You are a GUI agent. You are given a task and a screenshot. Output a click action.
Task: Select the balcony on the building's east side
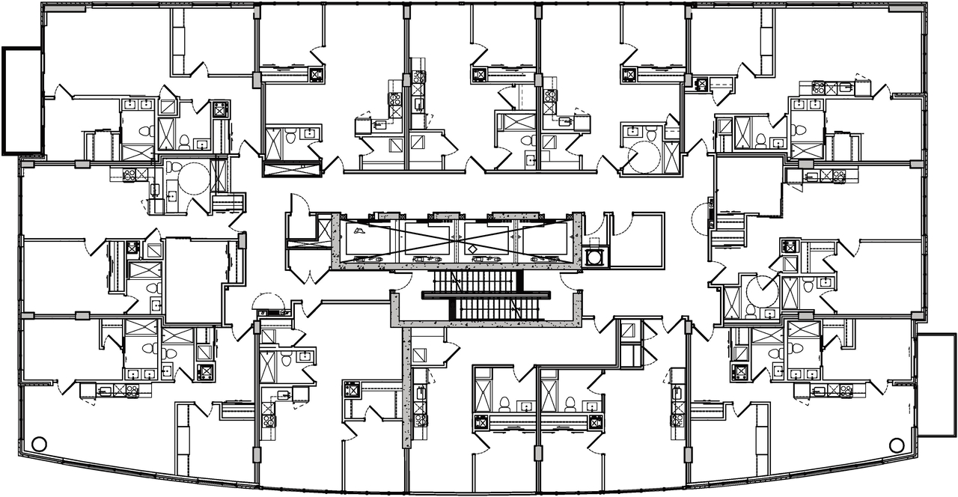click(x=935, y=385)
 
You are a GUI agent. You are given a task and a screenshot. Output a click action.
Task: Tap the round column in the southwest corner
click(x=40, y=444)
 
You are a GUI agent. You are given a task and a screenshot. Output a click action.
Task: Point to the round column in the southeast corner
click(x=897, y=445)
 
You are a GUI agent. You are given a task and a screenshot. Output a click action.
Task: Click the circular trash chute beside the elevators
click(x=595, y=257)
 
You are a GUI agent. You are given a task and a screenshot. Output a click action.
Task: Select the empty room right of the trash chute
click(x=636, y=240)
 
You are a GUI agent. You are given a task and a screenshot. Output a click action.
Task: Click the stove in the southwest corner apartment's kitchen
click(x=132, y=389)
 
